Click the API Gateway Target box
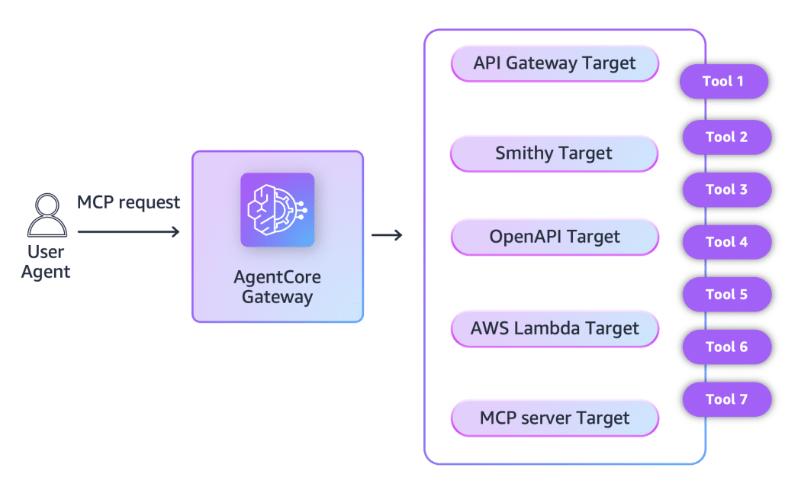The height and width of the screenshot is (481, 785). [x=555, y=63]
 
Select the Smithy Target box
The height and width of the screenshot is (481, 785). [x=555, y=153]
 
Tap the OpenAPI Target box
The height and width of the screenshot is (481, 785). [x=555, y=237]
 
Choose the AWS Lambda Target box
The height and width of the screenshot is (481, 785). [x=555, y=329]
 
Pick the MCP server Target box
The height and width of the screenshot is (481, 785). [x=555, y=418]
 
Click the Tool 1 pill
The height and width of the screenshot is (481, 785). [x=723, y=81]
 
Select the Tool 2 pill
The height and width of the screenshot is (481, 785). [x=726, y=137]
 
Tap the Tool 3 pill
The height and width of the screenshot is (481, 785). [x=726, y=189]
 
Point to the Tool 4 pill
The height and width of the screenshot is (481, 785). [x=726, y=242]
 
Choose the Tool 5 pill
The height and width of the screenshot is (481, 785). [x=726, y=295]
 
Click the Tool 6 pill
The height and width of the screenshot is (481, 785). [x=726, y=347]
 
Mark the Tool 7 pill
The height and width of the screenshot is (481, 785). [x=726, y=399]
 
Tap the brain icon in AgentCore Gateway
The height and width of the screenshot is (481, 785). [x=278, y=210]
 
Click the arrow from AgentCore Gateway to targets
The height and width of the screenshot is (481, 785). [x=387, y=234]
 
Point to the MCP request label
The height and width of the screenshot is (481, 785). [x=128, y=202]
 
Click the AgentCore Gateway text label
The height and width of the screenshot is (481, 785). [x=278, y=287]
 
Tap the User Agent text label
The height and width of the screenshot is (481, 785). [x=46, y=262]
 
